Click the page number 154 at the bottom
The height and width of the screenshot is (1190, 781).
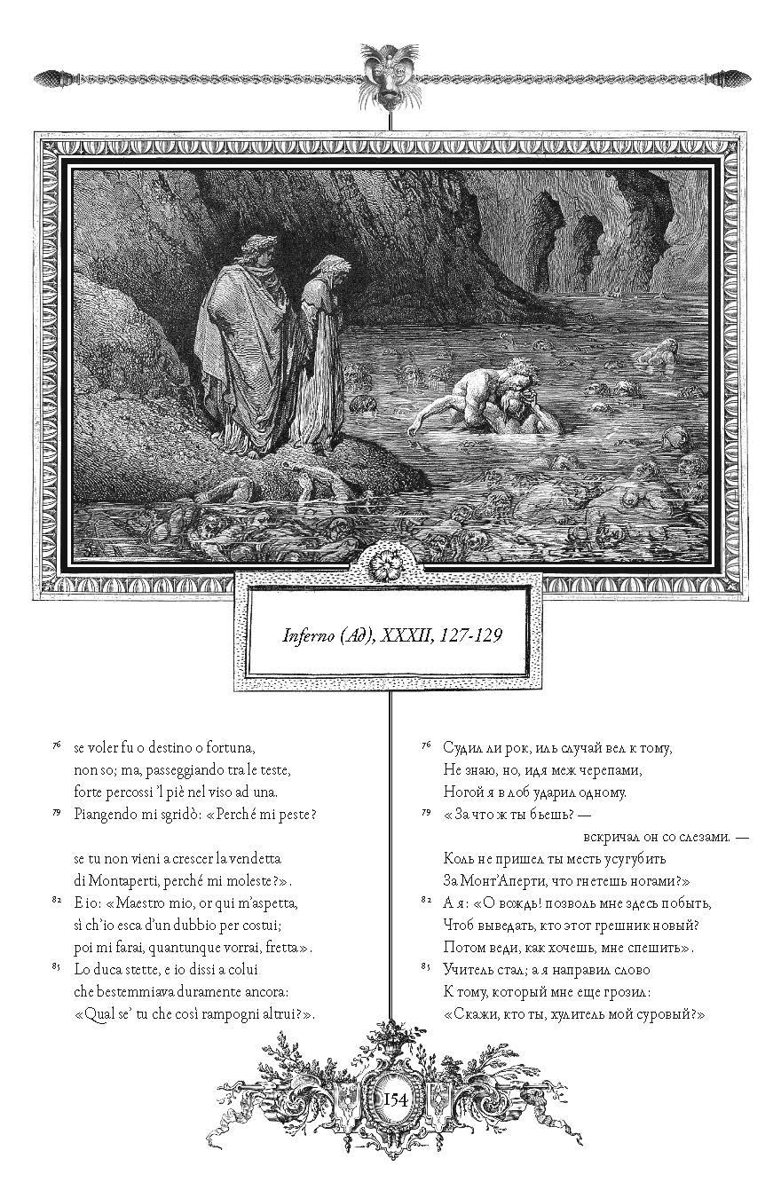(x=395, y=1100)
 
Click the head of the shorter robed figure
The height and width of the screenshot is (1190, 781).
(x=329, y=267)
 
